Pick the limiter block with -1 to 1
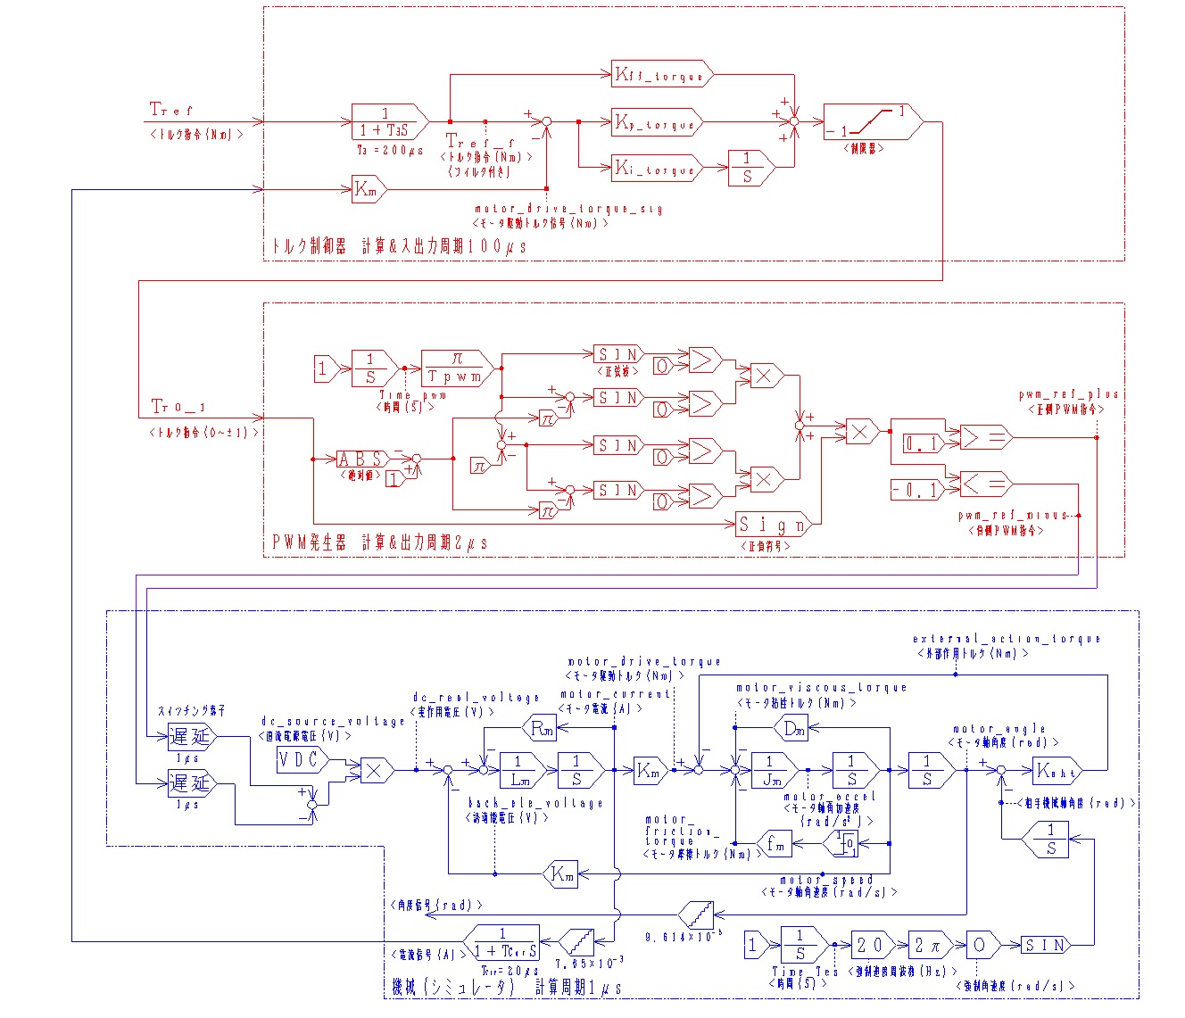click(x=869, y=122)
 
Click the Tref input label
click(x=170, y=110)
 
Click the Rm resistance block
click(x=542, y=728)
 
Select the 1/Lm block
click(x=522, y=770)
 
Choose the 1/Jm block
click(x=774, y=770)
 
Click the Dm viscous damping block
click(x=792, y=728)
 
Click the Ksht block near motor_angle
click(x=1057, y=769)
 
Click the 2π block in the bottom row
click(x=930, y=945)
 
